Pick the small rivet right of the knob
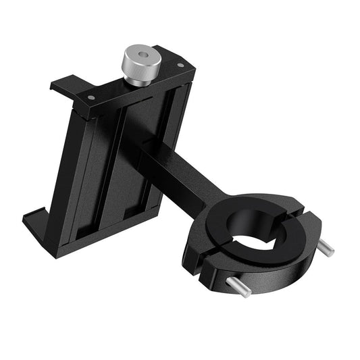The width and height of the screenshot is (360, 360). (x=180, y=66)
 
